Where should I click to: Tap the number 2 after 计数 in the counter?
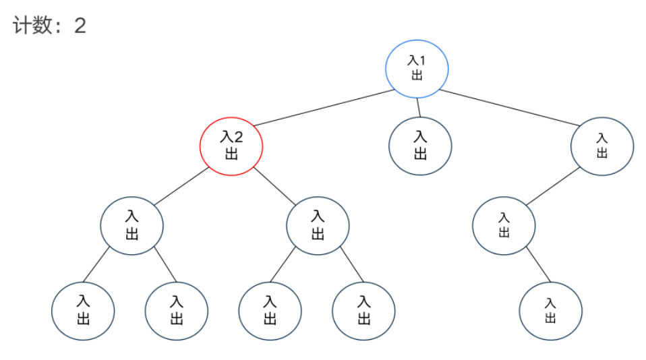click(80, 26)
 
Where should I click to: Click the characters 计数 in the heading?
click(32, 26)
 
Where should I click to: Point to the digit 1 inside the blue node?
click(422, 61)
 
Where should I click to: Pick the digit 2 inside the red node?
click(238, 137)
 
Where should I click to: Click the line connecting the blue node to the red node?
click(324, 107)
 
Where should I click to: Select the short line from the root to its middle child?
click(419, 108)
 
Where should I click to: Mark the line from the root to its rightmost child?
click(510, 107)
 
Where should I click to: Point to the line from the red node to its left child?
click(181, 186)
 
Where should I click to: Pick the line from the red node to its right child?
click(274, 186)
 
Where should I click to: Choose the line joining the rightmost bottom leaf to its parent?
click(539, 264)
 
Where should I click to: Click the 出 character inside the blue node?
click(417, 76)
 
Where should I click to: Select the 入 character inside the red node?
click(227, 137)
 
